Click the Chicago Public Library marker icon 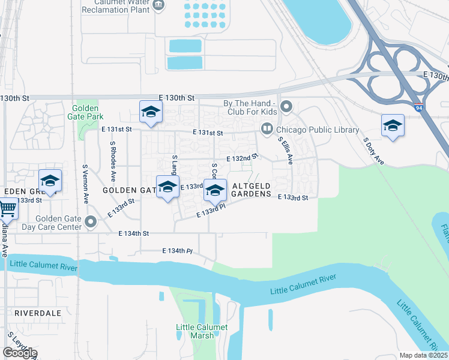pyautogui.click(x=266, y=129)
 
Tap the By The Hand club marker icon pyautogui.click(x=286, y=108)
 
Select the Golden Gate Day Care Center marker pyautogui.click(x=91, y=223)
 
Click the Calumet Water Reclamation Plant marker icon pyautogui.click(x=158, y=5)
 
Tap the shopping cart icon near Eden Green pyautogui.click(x=7, y=209)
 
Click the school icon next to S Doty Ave pyautogui.click(x=393, y=125)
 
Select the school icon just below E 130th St pyautogui.click(x=151, y=112)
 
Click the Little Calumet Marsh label pyautogui.click(x=202, y=331)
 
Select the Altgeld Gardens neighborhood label pyautogui.click(x=256, y=190)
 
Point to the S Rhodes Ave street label pyautogui.click(x=112, y=161)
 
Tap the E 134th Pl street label pyautogui.click(x=179, y=251)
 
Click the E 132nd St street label pyautogui.click(x=241, y=158)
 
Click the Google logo pyautogui.click(x=20, y=353)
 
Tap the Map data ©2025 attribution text pyautogui.click(x=423, y=355)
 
